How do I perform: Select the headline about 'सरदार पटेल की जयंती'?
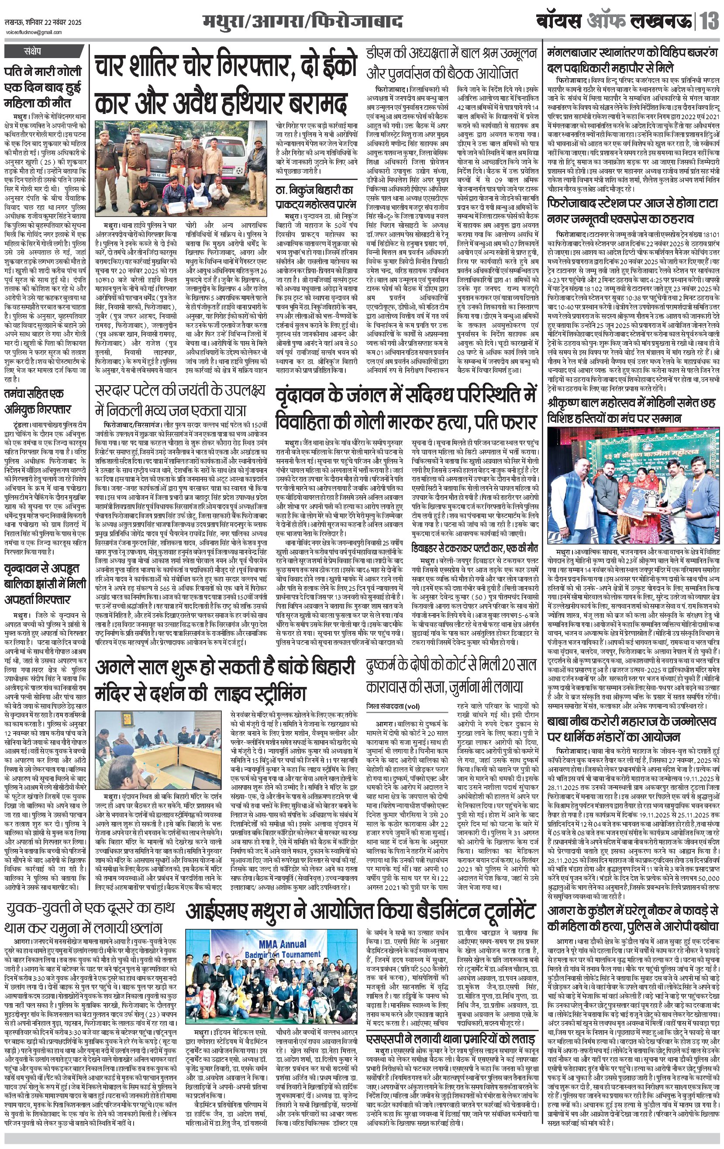click(179, 400)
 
